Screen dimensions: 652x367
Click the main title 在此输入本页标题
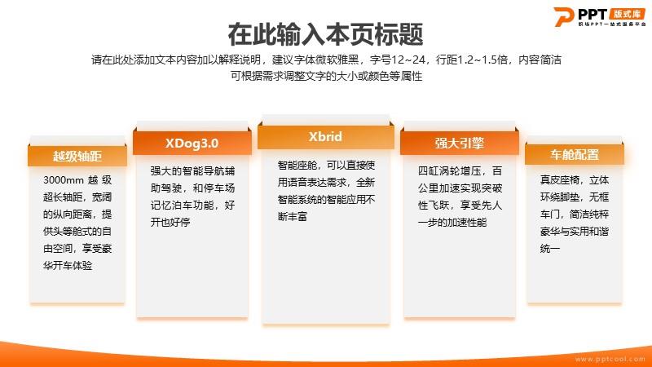pos(325,34)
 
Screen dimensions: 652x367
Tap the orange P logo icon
pos(563,16)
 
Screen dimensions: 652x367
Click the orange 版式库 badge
pos(628,14)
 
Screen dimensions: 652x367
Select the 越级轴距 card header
pos(77,156)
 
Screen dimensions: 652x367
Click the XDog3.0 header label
pos(192,144)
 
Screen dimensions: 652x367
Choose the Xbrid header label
pos(325,136)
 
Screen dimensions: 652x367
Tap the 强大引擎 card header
pos(460,144)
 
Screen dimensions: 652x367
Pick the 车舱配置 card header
pos(575,155)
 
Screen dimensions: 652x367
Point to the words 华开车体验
pos(68,266)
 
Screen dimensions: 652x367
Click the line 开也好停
pos(170,222)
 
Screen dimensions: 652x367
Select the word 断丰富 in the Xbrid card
pos(293,216)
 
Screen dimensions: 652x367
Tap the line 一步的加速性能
pos(452,223)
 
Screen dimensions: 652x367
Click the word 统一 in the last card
pos(550,249)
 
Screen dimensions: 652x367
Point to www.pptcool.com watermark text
pos(610,359)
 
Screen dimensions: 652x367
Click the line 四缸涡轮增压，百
pos(460,171)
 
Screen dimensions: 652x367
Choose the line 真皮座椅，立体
pos(575,180)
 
